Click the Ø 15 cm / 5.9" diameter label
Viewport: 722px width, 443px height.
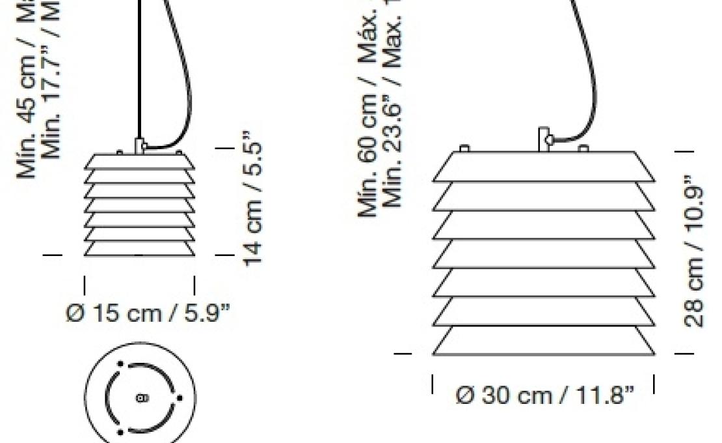148,313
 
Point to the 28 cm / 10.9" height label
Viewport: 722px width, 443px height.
694,251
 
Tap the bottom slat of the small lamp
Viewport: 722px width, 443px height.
139,249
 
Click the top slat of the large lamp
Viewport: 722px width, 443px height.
543,167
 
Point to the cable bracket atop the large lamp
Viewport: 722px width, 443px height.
544,139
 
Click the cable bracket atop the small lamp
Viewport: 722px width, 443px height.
138,145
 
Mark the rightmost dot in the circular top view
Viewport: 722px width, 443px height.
180,397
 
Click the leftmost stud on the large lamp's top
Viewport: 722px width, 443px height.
464,149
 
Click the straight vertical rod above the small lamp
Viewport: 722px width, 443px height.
139,65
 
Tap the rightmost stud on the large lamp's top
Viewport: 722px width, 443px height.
583,149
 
